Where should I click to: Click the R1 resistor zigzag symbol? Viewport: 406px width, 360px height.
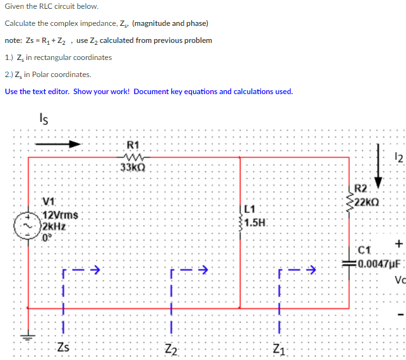[x=134, y=157]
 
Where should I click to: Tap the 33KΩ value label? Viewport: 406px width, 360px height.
[x=133, y=168]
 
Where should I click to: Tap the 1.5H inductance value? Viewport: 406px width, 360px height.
[x=256, y=222]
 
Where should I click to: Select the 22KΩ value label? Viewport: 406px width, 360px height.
[x=367, y=203]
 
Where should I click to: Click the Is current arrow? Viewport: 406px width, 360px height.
[x=57, y=144]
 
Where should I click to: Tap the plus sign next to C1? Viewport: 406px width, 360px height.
[x=398, y=244]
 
